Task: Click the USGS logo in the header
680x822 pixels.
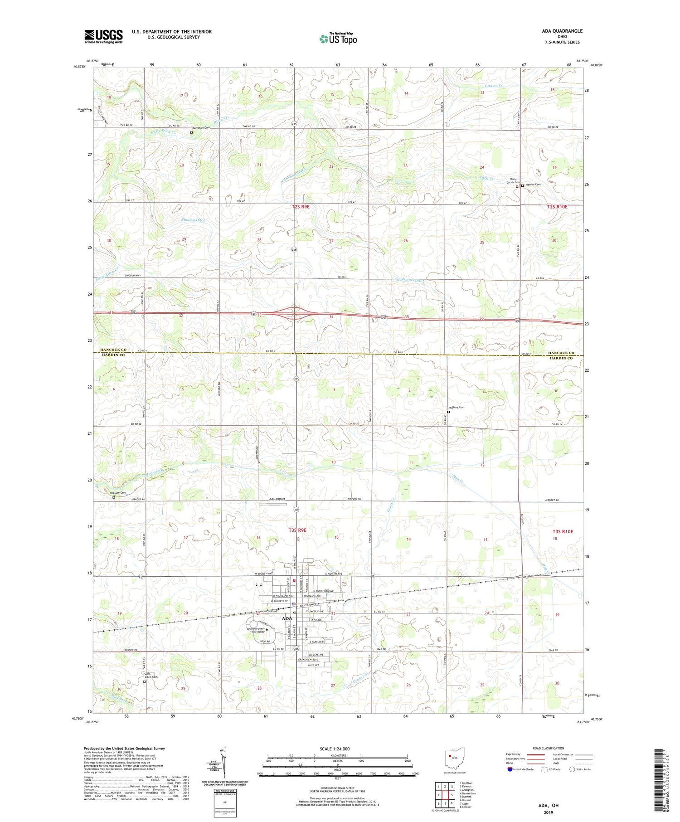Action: pyautogui.click(x=103, y=36)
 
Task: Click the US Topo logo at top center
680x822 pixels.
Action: pyautogui.click(x=338, y=39)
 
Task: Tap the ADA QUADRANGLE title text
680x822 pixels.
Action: pyautogui.click(x=562, y=31)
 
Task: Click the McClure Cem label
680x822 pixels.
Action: pyautogui.click(x=117, y=493)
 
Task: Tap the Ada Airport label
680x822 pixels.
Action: pyautogui.click(x=277, y=499)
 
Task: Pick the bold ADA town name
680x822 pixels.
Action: pyautogui.click(x=287, y=618)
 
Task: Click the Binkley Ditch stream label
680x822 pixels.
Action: pyautogui.click(x=194, y=220)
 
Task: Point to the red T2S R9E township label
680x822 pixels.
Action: pyautogui.click(x=301, y=206)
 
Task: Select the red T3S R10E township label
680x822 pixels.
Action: pyautogui.click(x=563, y=531)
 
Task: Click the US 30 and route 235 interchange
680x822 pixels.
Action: pyautogui.click(x=294, y=312)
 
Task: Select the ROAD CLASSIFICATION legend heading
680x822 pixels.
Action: pyautogui.click(x=549, y=748)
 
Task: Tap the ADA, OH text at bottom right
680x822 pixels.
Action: pyautogui.click(x=548, y=805)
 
